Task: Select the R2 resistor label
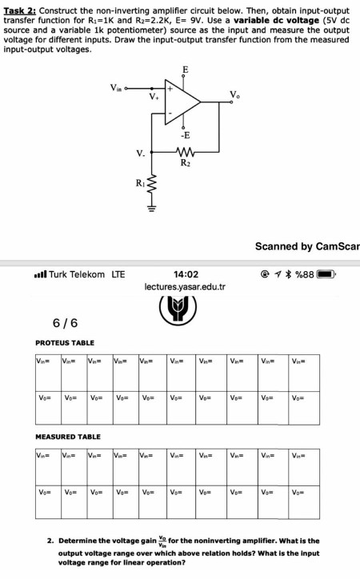coord(186,164)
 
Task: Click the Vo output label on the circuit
coord(234,96)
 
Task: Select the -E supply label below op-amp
coord(185,135)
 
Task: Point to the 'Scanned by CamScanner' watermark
coord(306,246)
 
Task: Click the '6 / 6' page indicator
coord(65,323)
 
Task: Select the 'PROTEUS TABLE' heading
coord(65,342)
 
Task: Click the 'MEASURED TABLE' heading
coord(68,437)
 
